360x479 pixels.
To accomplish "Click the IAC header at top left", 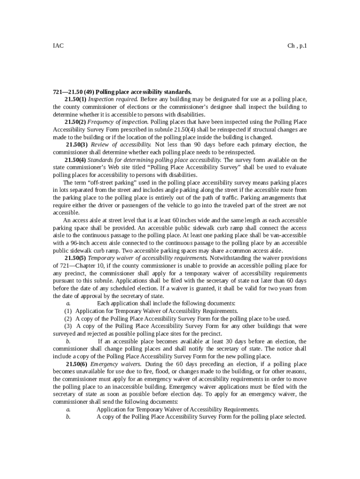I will click(x=58, y=46).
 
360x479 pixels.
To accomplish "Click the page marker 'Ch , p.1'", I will click(x=297, y=46).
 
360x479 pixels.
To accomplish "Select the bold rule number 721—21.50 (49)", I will click(x=73, y=92).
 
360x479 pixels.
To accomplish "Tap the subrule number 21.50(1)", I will click(x=75, y=100).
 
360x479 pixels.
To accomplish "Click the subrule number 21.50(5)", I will click(x=75, y=258).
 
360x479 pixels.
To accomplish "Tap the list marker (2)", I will click(x=68, y=319).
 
